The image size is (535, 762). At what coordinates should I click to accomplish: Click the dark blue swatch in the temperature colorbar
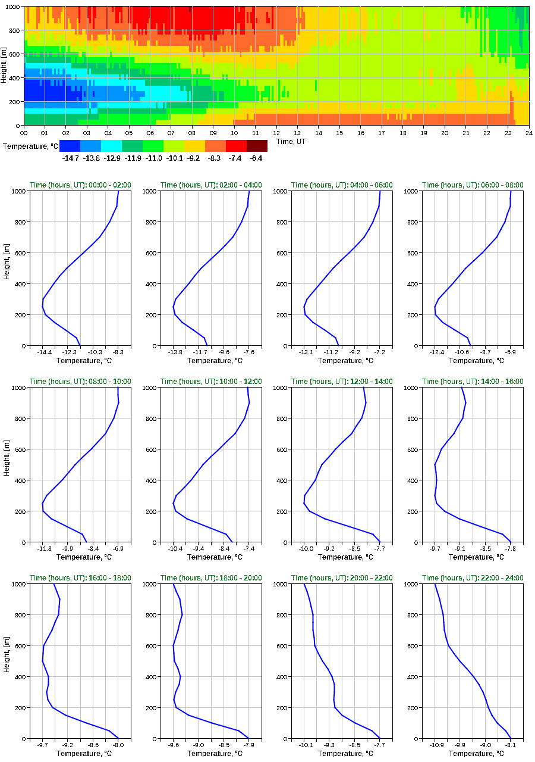(70, 146)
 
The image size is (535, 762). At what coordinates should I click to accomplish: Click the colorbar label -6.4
(257, 158)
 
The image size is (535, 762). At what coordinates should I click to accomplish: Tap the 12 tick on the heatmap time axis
(276, 133)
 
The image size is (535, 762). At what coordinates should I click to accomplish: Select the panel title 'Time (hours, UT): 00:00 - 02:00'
(80, 185)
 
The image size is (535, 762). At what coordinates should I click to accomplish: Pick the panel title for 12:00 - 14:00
(342, 382)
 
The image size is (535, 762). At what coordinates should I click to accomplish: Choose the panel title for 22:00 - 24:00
(473, 578)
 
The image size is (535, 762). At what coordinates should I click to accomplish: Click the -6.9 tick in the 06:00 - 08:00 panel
(509, 353)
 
